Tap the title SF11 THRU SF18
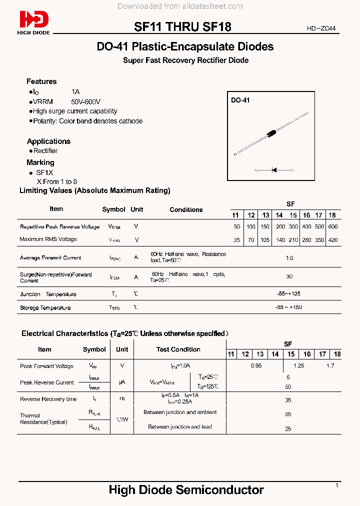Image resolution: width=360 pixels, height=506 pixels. (182, 27)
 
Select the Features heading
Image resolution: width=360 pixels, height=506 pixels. (41, 81)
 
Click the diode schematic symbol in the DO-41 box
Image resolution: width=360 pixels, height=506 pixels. (274, 170)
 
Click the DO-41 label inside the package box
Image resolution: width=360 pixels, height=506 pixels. (240, 100)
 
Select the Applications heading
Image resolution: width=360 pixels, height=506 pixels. (48, 141)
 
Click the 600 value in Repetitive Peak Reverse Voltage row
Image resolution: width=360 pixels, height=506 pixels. (333, 226)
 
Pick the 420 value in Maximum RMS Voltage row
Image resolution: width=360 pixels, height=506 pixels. (333, 239)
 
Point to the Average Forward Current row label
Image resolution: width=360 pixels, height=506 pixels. (50, 258)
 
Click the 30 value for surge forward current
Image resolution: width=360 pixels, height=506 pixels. (289, 276)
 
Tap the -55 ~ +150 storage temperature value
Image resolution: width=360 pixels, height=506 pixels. (288, 307)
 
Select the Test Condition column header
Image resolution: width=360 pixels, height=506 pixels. (178, 349)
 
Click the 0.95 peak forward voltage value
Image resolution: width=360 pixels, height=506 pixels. (256, 365)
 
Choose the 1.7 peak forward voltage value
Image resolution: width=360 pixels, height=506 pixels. (330, 365)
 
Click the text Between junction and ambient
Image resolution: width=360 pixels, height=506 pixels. (180, 412)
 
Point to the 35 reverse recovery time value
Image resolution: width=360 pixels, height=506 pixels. (288, 400)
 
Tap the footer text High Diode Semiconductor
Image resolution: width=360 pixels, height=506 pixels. (186, 489)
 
